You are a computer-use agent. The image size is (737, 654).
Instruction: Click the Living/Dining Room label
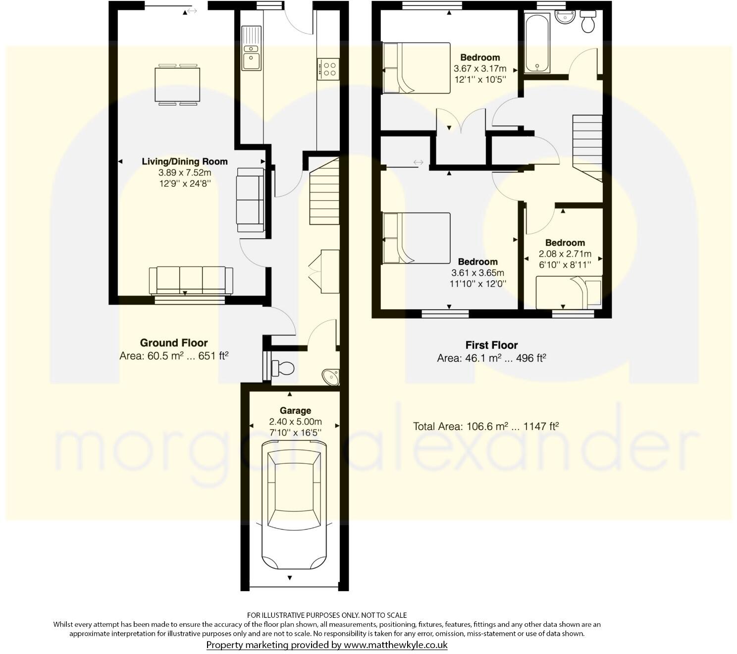[x=184, y=162]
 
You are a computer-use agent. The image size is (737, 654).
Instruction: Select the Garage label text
[x=295, y=410]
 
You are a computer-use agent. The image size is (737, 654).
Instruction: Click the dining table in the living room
[x=178, y=85]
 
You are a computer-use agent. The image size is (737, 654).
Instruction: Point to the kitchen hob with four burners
[x=328, y=68]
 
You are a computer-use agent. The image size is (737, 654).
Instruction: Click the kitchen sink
[x=251, y=54]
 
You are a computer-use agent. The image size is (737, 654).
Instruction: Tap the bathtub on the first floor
[x=536, y=43]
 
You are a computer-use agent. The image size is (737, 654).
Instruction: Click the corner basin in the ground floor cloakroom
[x=331, y=377]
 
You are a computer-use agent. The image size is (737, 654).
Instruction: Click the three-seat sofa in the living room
[x=191, y=280]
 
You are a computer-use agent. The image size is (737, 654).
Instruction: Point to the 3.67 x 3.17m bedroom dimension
[x=479, y=68]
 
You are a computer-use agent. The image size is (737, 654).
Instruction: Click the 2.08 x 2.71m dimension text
[x=565, y=254]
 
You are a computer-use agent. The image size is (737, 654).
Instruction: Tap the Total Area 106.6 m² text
[x=486, y=426]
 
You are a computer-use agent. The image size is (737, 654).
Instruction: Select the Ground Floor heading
[x=173, y=343]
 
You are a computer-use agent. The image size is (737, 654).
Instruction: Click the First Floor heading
[x=491, y=345]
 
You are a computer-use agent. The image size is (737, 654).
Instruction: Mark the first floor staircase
[x=587, y=147]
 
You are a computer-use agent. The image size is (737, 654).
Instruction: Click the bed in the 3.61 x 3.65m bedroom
[x=416, y=237]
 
